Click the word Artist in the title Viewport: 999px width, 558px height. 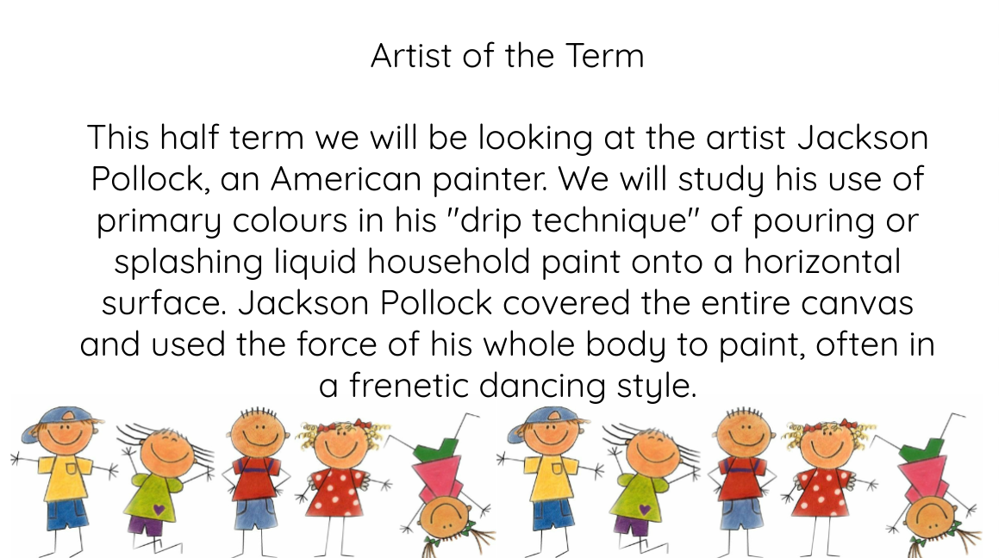pyautogui.click(x=411, y=55)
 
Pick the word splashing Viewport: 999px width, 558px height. pyautogui.click(x=189, y=263)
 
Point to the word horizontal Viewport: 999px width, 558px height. pyautogui.click(x=822, y=262)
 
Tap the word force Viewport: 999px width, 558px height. pyautogui.click(x=336, y=344)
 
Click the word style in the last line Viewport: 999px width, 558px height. pyautogui.click(x=656, y=387)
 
